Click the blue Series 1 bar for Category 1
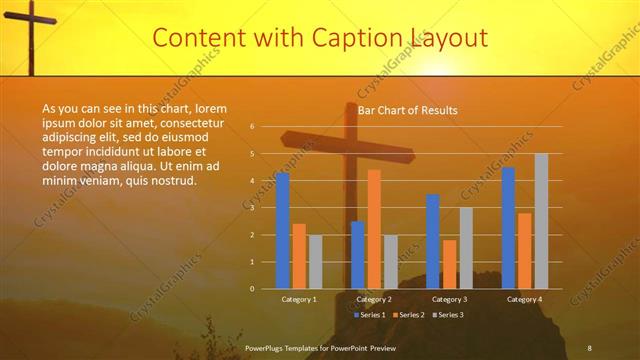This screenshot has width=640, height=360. pyautogui.click(x=283, y=231)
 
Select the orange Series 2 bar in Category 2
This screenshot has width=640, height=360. pyautogui.click(x=374, y=229)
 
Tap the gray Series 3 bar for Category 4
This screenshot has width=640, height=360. pyautogui.click(x=541, y=221)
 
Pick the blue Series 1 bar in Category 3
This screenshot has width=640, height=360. pyautogui.click(x=433, y=241)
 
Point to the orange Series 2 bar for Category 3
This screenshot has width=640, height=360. pyautogui.click(x=449, y=264)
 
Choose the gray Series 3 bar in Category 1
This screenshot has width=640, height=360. pyautogui.click(x=315, y=262)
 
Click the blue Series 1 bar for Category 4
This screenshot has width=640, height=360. pyautogui.click(x=509, y=228)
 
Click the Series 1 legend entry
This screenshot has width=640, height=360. pyautogui.click(x=370, y=315)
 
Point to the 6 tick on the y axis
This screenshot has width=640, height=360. pyautogui.click(x=253, y=127)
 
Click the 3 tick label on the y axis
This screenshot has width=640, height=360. pyautogui.click(x=253, y=208)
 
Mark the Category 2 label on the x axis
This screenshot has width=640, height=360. pyautogui.click(x=374, y=299)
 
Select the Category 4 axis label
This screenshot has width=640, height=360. pyautogui.click(x=525, y=299)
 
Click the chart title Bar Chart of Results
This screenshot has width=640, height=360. pyautogui.click(x=408, y=110)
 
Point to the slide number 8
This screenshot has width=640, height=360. pyautogui.click(x=590, y=346)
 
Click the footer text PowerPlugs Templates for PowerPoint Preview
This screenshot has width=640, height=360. pyautogui.click(x=320, y=346)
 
